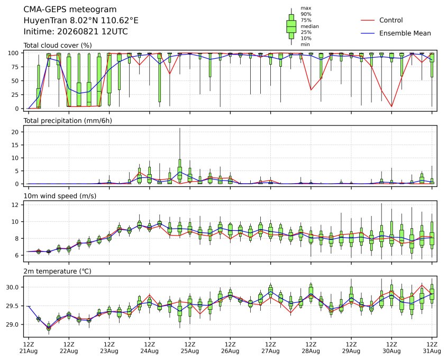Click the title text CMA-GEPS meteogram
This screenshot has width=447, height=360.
(70, 10)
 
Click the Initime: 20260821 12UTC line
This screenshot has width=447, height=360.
(76, 31)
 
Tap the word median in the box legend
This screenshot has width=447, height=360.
(309, 26)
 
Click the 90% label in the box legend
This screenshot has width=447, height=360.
(306, 14)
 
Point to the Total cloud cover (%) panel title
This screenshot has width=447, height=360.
(58, 46)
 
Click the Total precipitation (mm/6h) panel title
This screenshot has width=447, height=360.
(68, 121)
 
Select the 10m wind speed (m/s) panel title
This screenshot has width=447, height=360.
(60, 196)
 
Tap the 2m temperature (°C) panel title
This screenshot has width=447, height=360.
(57, 271)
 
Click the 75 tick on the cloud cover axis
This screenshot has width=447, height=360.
(15, 67)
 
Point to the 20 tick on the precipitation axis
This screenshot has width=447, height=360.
(15, 132)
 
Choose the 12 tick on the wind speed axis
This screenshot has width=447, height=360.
(15, 205)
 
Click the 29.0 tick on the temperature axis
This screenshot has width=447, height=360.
(13, 325)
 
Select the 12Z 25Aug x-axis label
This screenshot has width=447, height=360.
(189, 347)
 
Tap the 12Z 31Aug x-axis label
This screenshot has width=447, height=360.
(432, 347)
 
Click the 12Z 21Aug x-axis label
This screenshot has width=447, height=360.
(28, 347)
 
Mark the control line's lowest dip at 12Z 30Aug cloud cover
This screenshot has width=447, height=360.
(391, 107)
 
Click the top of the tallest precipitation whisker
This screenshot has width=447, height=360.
(180, 128)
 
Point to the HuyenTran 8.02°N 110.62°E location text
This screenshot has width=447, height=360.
(81, 21)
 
